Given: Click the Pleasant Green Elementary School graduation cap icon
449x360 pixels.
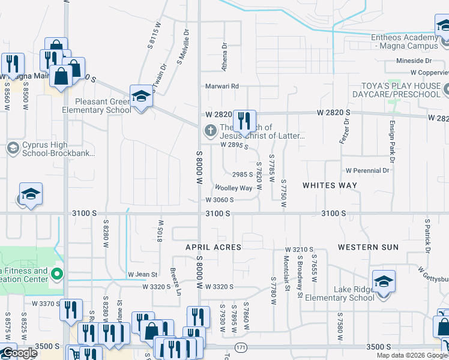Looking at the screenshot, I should [x=141, y=96].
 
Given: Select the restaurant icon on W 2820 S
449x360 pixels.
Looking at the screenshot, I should [x=244, y=122].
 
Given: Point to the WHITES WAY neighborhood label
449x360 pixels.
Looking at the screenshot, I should [x=330, y=185].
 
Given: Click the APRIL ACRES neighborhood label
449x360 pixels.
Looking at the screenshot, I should [x=213, y=247].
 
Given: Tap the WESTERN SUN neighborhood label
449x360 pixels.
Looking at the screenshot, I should [x=368, y=247].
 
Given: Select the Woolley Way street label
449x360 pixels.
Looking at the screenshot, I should [x=234, y=188].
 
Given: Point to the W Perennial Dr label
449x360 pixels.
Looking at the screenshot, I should [x=367, y=170].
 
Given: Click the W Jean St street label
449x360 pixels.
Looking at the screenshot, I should [x=142, y=275].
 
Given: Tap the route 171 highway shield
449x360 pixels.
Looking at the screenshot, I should [x=241, y=347].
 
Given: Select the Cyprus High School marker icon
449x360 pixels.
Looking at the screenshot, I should [x=12, y=148].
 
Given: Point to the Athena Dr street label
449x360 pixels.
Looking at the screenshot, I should [x=225, y=52].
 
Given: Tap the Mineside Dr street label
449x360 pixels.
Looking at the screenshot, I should [x=414, y=61].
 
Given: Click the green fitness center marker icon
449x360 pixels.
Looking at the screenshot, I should [x=58, y=276].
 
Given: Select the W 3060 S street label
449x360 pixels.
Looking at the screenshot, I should [x=219, y=200].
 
